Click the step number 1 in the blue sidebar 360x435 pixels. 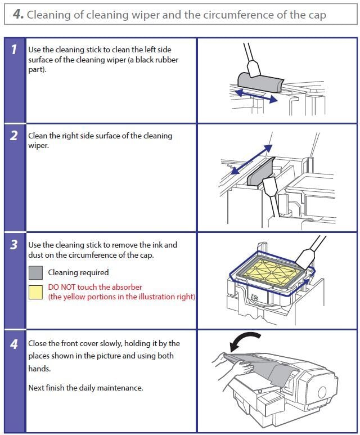14,50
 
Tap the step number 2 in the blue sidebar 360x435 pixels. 14,136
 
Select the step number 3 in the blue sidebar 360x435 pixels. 14,245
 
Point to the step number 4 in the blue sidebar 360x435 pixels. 14,344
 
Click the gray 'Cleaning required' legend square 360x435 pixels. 36,273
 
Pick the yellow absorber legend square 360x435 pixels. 36,293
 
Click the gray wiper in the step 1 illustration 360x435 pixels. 260,82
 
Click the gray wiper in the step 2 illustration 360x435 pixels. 261,172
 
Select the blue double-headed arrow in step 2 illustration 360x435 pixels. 251,160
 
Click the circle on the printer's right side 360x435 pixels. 322,392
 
